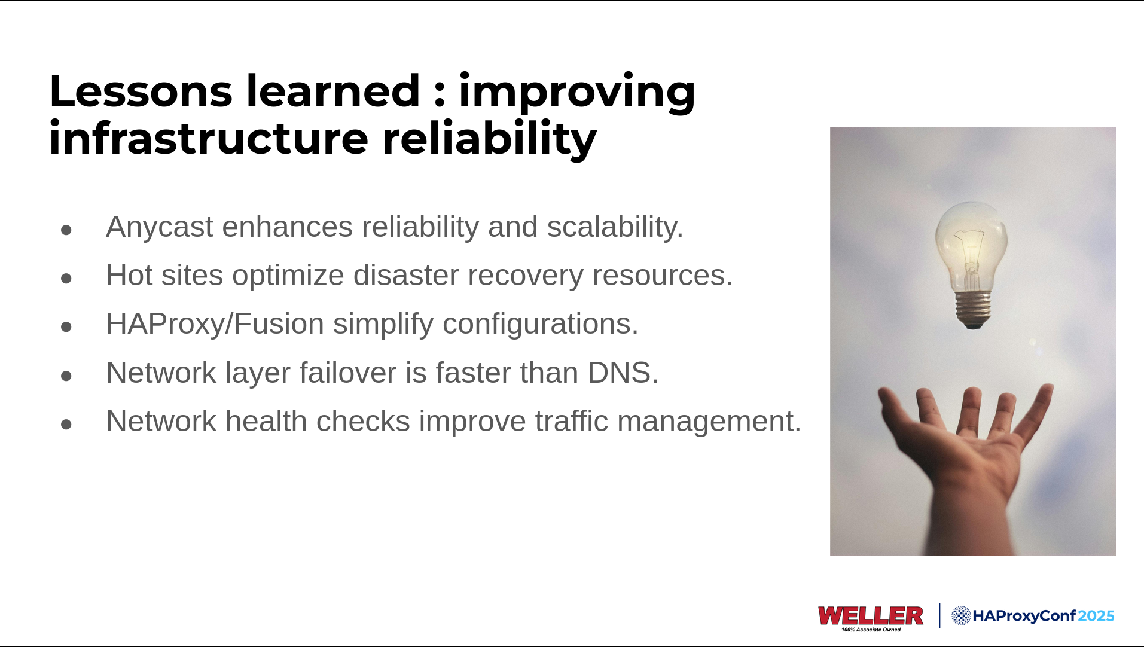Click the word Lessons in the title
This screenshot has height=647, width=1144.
[x=141, y=91]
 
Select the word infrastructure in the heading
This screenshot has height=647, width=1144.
[x=209, y=138]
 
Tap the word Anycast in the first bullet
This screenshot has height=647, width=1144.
[x=159, y=228]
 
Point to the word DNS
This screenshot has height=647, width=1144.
[x=623, y=373]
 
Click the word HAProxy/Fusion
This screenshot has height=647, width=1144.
[x=215, y=325]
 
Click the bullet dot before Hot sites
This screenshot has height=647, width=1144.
[x=66, y=278]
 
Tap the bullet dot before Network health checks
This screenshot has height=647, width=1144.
[x=66, y=424]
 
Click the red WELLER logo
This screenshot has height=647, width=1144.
[x=871, y=615]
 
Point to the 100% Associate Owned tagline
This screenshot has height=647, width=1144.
[x=871, y=630]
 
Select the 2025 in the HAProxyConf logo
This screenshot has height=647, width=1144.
[x=1097, y=616]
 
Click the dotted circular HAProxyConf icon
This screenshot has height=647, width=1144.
[x=961, y=615]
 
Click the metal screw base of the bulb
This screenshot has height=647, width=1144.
[x=973, y=309]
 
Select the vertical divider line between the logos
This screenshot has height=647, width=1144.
[x=939, y=615]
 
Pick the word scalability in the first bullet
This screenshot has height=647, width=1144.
[x=615, y=228]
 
